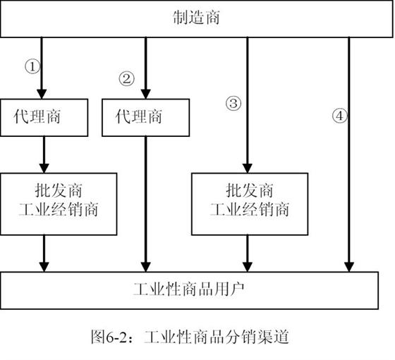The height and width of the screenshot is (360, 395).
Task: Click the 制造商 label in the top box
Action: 196,18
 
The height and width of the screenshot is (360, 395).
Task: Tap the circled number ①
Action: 32,66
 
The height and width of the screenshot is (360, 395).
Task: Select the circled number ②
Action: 126,78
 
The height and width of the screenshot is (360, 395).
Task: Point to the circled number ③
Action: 233,103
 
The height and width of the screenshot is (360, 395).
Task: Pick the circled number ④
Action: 340,116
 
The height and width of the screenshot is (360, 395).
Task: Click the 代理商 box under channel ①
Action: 44,117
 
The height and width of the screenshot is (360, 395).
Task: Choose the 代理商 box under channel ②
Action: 145,117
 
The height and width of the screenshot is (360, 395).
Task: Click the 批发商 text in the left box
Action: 59,191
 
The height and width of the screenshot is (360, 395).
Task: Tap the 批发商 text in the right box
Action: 250,191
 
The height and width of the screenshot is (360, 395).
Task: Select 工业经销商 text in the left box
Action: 59,209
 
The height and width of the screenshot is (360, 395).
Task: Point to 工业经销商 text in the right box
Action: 250,209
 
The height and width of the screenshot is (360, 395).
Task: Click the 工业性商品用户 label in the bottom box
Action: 189,289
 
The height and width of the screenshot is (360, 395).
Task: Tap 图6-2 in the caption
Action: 109,337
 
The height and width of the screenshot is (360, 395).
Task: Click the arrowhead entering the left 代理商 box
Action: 42,94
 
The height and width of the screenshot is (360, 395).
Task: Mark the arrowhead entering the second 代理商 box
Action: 145,94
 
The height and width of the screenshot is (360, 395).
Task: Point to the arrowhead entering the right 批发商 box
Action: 248,168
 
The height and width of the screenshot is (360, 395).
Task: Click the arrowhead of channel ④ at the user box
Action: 349,267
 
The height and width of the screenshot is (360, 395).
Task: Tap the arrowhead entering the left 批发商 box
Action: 44,168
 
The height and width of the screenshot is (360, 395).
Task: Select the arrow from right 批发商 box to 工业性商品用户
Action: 248,253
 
